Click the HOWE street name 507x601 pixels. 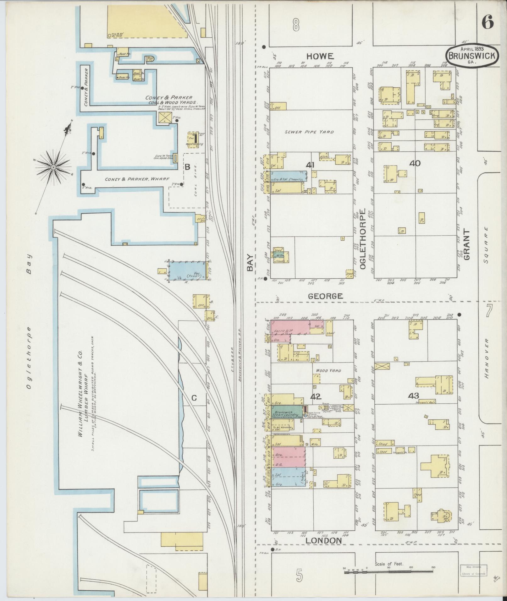point(320,56)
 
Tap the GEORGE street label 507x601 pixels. point(325,296)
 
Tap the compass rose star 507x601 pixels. point(53,167)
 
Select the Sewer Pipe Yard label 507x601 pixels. point(309,132)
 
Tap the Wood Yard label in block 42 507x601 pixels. point(328,371)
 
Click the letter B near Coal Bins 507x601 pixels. point(187,167)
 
